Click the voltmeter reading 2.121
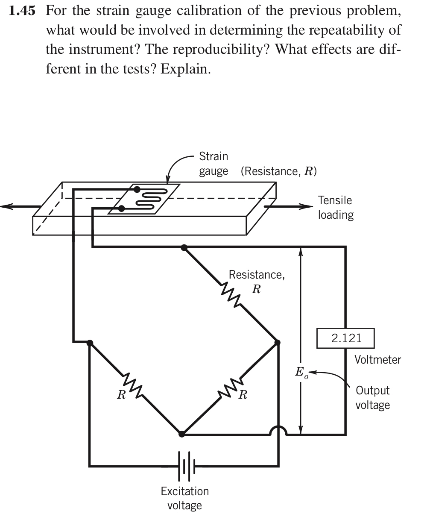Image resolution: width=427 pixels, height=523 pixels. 346,338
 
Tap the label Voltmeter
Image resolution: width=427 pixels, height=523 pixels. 377,359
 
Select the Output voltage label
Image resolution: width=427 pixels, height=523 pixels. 372,397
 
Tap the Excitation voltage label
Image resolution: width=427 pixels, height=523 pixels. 185,498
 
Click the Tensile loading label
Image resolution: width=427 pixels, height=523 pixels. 336,207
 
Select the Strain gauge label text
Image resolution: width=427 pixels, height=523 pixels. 213,164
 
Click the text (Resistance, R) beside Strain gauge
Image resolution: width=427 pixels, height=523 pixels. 278,171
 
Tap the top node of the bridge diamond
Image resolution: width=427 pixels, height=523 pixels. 184,247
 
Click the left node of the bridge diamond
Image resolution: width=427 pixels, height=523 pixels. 90,342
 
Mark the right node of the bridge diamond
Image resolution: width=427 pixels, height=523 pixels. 278,342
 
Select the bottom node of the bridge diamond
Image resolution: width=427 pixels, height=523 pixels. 182,434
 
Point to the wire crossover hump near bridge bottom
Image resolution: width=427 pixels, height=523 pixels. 278,430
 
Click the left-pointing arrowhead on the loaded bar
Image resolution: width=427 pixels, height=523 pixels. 6,207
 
